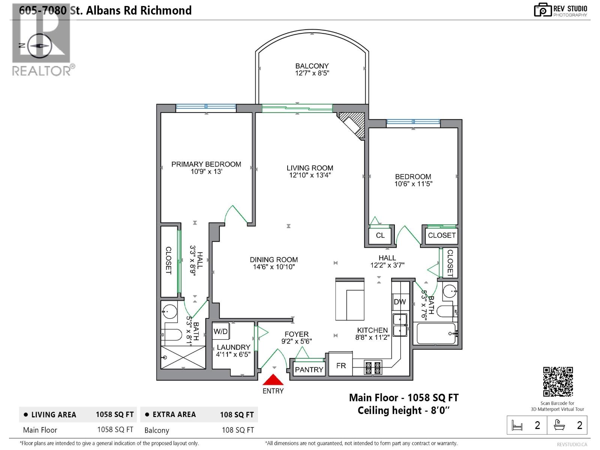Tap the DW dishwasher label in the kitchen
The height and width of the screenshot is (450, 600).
tap(400, 302)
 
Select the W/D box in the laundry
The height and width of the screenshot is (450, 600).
tap(221, 331)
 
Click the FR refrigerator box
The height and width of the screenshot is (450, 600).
tap(341, 365)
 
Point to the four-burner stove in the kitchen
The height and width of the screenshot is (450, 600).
tap(373, 368)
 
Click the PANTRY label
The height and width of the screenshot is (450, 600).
tap(309, 369)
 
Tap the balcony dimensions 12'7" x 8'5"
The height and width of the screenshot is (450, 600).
tap(312, 73)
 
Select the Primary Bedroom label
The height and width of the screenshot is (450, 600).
tap(206, 164)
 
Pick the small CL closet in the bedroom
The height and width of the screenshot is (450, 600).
tap(380, 235)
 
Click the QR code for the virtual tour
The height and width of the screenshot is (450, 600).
tap(558, 381)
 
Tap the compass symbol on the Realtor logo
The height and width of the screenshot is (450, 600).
tap(40, 46)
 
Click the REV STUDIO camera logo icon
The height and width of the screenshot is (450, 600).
tap(543, 10)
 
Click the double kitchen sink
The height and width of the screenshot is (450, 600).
tap(400, 325)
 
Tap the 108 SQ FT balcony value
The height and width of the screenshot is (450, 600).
tap(238, 430)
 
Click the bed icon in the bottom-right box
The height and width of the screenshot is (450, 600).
tap(517, 425)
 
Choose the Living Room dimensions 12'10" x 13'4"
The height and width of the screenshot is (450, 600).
tap(310, 175)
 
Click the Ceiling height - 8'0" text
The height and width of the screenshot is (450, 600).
tap(403, 410)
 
